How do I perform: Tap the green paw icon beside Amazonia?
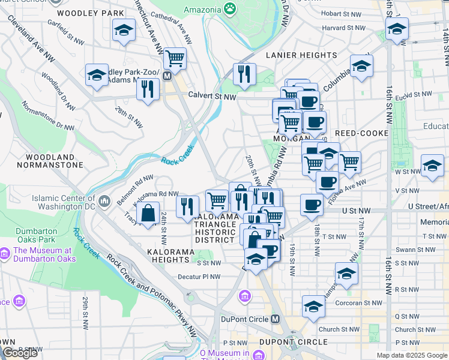229,8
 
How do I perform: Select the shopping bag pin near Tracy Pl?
148,212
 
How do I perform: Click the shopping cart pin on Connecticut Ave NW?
175,58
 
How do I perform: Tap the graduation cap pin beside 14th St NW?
397,28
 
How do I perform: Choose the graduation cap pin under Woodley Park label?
123,30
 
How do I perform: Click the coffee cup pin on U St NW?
312,205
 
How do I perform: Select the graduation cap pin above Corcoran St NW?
313,306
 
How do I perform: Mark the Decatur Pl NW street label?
199,277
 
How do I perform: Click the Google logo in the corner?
20,353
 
